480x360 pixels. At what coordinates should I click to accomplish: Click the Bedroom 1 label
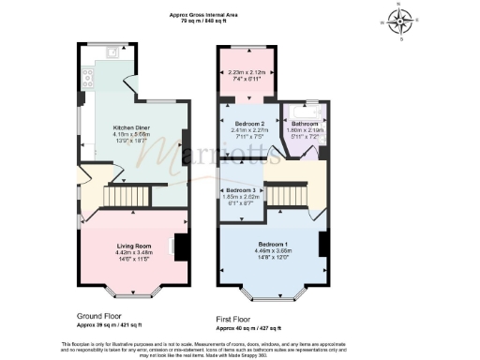[272, 242]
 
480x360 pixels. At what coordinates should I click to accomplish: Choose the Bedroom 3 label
[241, 190]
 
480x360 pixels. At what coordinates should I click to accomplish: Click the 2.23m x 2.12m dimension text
[247, 73]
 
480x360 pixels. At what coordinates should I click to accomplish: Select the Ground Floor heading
[104, 316]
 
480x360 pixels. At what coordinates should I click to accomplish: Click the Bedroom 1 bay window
[272, 296]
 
